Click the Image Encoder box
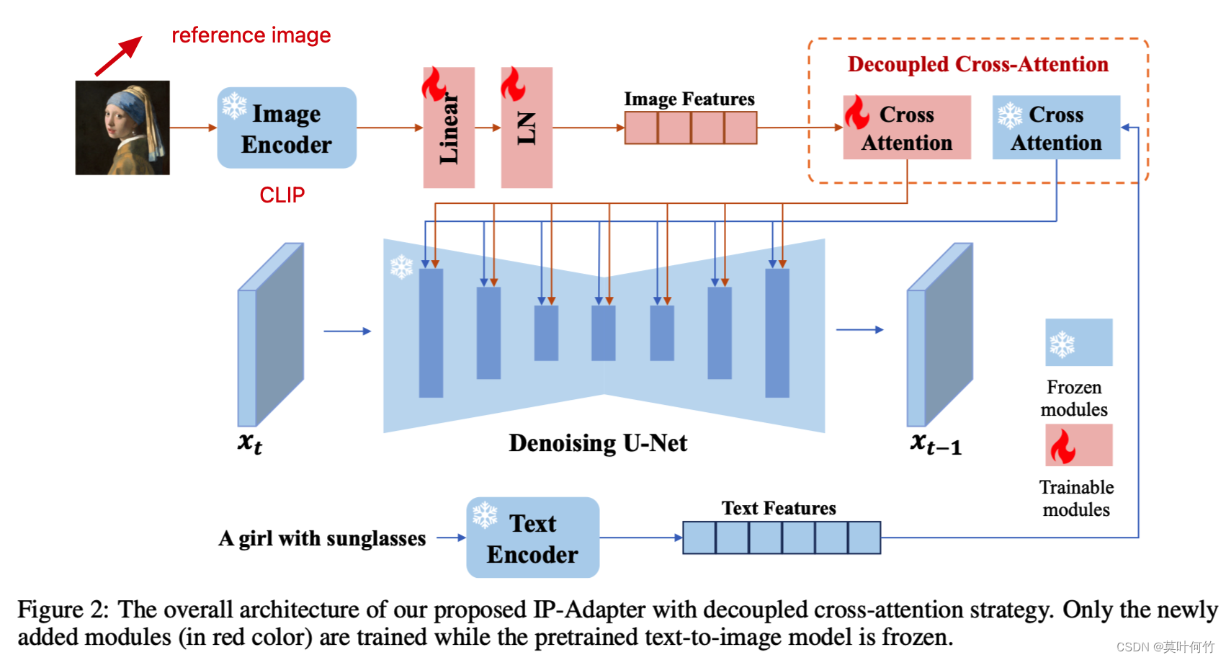coord(287,128)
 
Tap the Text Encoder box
coord(532,538)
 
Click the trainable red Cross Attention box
coord(907,128)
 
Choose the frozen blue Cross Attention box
coord(1056,128)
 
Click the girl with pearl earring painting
coord(122,128)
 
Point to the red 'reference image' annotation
coord(251,35)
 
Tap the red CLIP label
coord(282,195)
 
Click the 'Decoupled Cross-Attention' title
coord(977,64)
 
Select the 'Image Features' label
coord(689,99)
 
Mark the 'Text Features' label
coord(779,508)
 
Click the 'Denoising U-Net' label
coord(598,442)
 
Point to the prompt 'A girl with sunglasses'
coord(322,538)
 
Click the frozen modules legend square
coord(1078,342)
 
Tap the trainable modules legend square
coord(1078,445)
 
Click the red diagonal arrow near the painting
coord(118,56)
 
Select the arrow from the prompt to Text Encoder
coord(451,538)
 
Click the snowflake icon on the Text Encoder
coord(485,514)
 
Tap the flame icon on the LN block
coord(512,84)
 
